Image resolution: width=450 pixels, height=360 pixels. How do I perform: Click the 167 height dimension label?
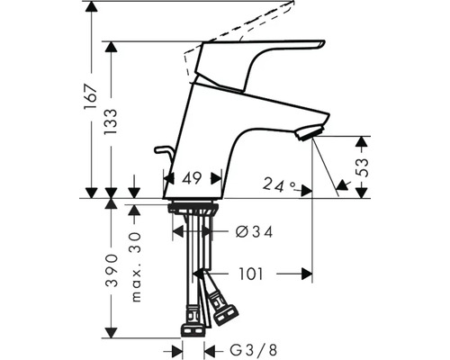pos(91,97)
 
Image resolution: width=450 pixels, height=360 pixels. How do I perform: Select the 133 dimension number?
pos(111,121)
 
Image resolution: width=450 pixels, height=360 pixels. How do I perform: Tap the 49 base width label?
pos(192,179)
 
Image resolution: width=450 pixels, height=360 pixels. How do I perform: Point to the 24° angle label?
pos(278,185)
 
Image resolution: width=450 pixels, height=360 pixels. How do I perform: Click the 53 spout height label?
pos(362,167)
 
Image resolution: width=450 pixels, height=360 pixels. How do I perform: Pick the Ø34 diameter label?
pos(255,232)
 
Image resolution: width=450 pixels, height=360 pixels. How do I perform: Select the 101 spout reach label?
pos(250,274)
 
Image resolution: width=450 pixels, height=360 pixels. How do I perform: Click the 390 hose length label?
pos(111,270)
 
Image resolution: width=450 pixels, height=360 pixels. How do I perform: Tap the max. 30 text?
pos(136,267)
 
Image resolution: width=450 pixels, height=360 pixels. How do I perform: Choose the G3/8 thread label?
pos(254,350)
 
